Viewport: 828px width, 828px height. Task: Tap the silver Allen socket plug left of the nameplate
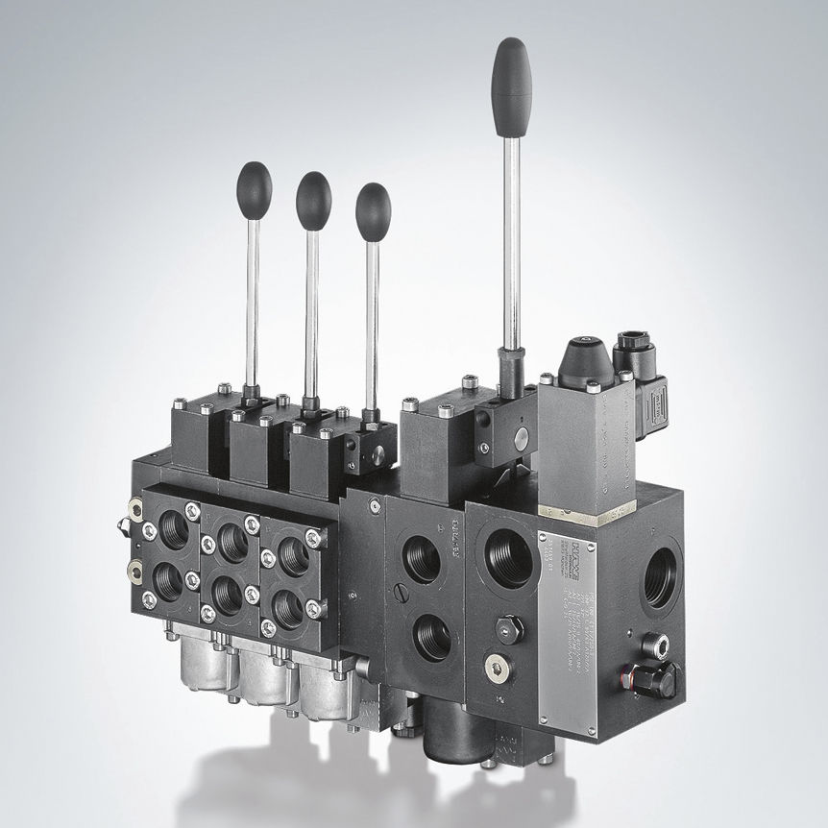pos(497,667)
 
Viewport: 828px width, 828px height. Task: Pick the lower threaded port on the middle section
pos(432,637)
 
